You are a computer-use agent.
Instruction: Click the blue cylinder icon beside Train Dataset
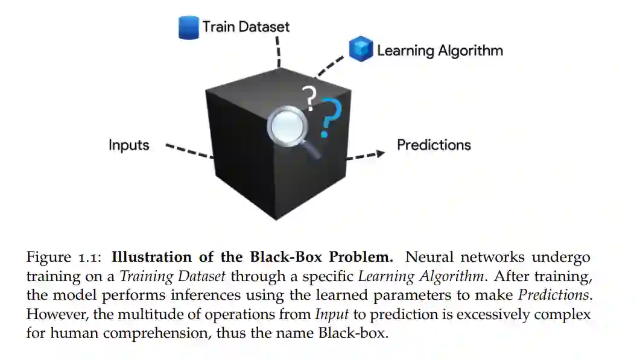[189, 28]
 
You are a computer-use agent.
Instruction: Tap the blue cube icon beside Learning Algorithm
[361, 49]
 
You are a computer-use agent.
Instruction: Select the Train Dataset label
[246, 27]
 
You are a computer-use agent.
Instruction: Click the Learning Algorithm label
[440, 50]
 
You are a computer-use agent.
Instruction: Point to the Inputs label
[128, 145]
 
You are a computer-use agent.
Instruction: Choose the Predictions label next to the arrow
[434, 145]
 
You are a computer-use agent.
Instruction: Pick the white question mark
[309, 98]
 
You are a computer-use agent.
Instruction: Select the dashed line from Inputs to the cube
[189, 151]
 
